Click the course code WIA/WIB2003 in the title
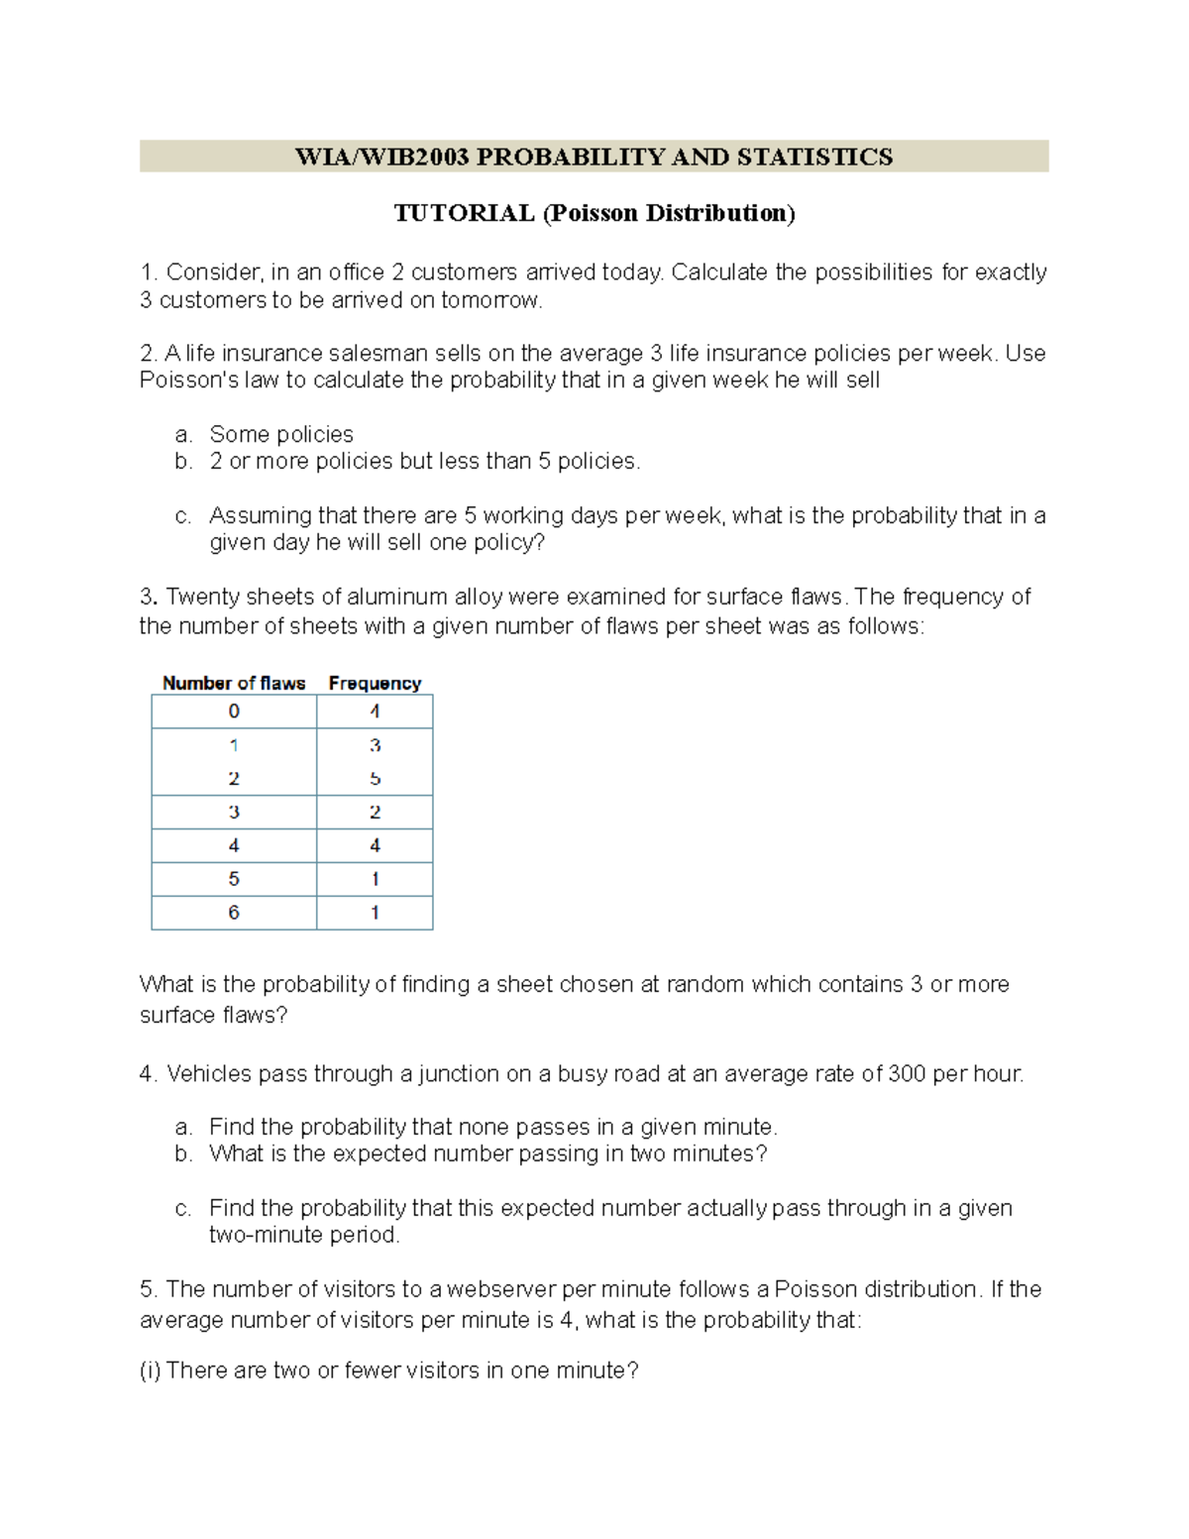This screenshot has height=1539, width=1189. point(381,157)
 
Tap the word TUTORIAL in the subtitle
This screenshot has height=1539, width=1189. point(464,213)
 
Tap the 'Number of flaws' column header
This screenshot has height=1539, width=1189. point(234,683)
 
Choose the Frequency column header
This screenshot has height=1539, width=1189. point(375,683)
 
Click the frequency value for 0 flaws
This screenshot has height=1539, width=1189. point(375,712)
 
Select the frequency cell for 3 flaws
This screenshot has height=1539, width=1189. point(375,813)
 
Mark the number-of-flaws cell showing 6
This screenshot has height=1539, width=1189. point(234,913)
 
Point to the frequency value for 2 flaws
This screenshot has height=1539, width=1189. point(375,779)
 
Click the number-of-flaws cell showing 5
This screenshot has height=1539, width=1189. point(234,879)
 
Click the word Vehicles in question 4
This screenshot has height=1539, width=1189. point(209,1073)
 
